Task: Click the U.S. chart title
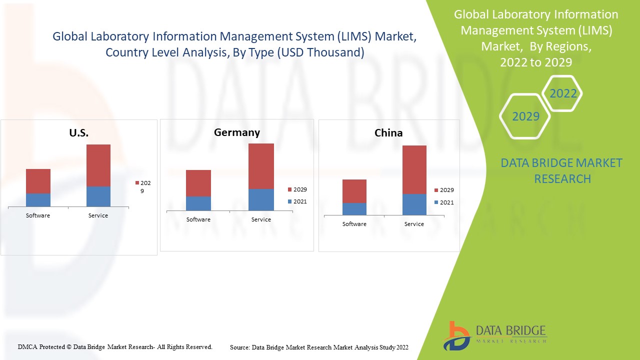pos(78,133)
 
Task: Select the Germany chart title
pos(237,132)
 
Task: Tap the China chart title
pos(388,133)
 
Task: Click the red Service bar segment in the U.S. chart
pos(98,165)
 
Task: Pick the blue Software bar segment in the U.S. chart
pos(38,200)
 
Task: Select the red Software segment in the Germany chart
pos(198,183)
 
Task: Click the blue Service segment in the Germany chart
pos(261,199)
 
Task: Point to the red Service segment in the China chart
pos(414,169)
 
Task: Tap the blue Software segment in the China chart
pos(354,209)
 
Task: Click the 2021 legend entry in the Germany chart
pos(297,202)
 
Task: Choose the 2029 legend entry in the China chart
pos(443,190)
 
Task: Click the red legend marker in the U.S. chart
pos(136,183)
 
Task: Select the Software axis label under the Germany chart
pos(198,219)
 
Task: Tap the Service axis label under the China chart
pos(414,224)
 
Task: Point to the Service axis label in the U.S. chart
pos(98,215)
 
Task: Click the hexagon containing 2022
pos(563,93)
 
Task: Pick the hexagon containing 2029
pos(525,116)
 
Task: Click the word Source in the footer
pos(239,347)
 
